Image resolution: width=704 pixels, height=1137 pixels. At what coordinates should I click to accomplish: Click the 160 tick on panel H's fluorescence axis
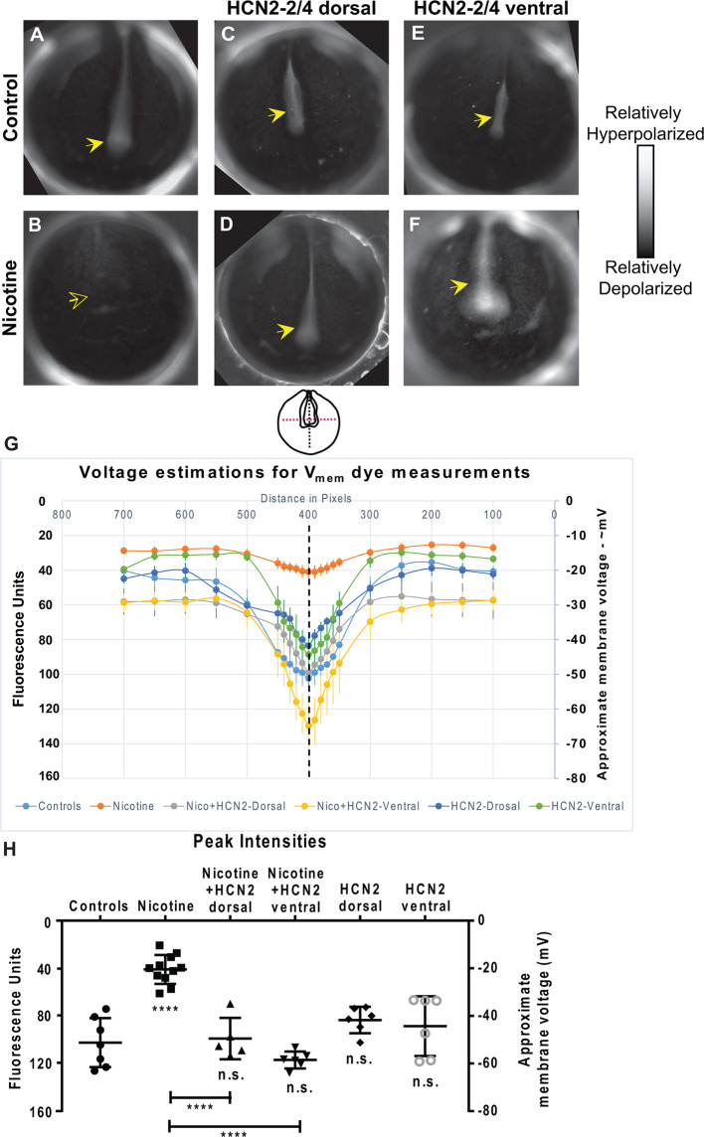(x=42, y=1110)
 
